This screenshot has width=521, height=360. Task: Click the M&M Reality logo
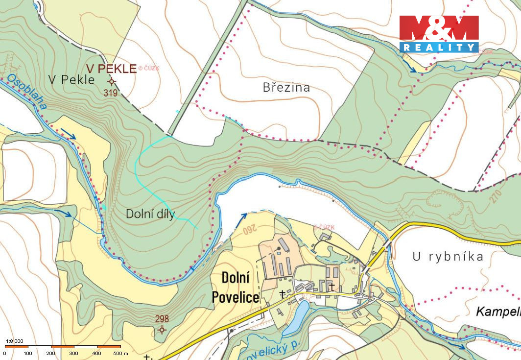tap(439, 33)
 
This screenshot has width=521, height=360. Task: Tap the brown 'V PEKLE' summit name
tap(111, 69)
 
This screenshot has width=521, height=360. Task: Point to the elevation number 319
tap(111, 92)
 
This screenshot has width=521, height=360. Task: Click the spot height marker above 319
tap(112, 81)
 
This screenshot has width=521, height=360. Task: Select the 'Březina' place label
tap(286, 88)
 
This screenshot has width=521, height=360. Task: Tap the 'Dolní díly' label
tap(150, 214)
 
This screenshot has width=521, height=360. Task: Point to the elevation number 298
tap(162, 318)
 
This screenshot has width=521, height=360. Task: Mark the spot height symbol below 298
tap(162, 330)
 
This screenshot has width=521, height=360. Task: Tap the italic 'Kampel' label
tap(497, 312)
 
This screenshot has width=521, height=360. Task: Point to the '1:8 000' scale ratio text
tap(14, 341)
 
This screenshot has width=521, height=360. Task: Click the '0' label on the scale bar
tap(5, 353)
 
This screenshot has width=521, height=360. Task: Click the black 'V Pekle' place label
tap(71, 80)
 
